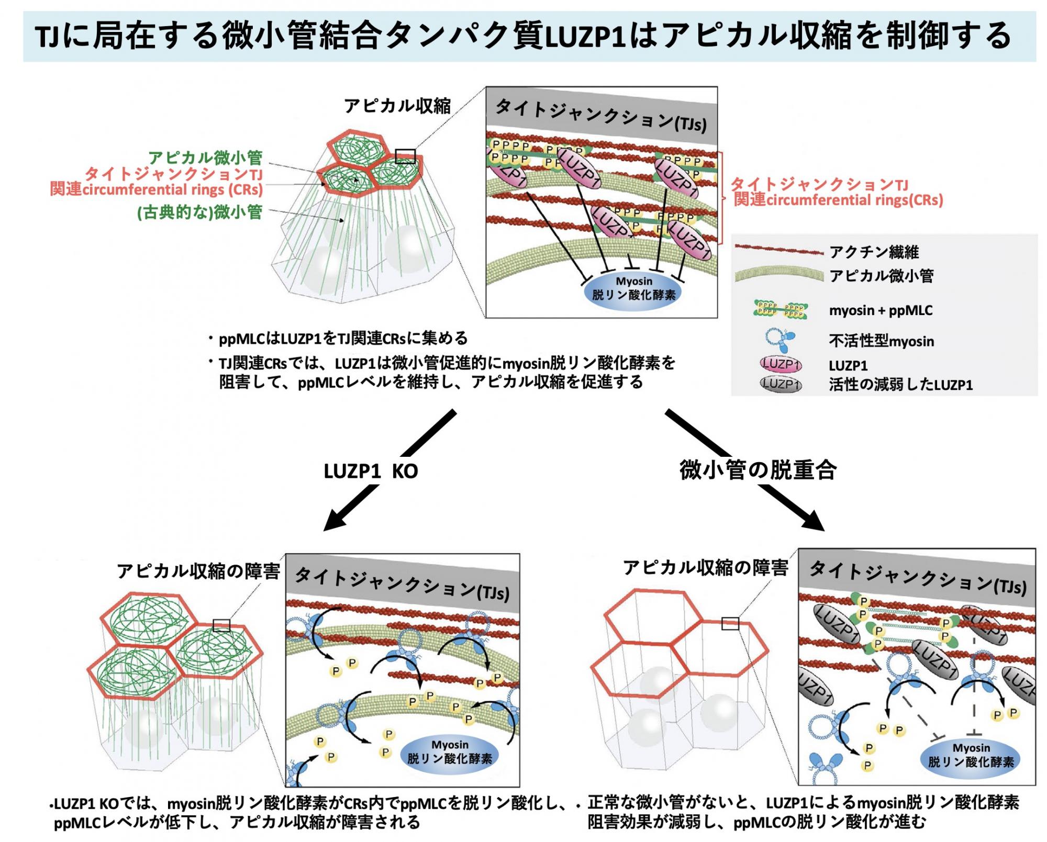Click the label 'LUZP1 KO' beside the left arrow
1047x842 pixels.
click(x=371, y=471)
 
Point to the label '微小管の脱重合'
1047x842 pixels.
click(x=758, y=469)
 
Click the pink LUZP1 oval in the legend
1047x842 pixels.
click(x=781, y=364)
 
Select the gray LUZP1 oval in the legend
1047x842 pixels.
click(x=781, y=385)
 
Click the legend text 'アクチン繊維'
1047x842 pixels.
click(x=874, y=252)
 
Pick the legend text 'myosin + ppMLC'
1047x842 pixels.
click(x=881, y=310)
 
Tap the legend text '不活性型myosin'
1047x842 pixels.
click(x=881, y=341)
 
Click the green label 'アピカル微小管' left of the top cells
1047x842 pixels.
click(x=205, y=157)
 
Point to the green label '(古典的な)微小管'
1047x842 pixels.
click(x=199, y=212)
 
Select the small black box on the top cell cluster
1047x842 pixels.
click(x=405, y=156)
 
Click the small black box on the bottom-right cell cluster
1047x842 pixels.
click(x=730, y=623)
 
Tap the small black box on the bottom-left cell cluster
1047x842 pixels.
click(x=221, y=625)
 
